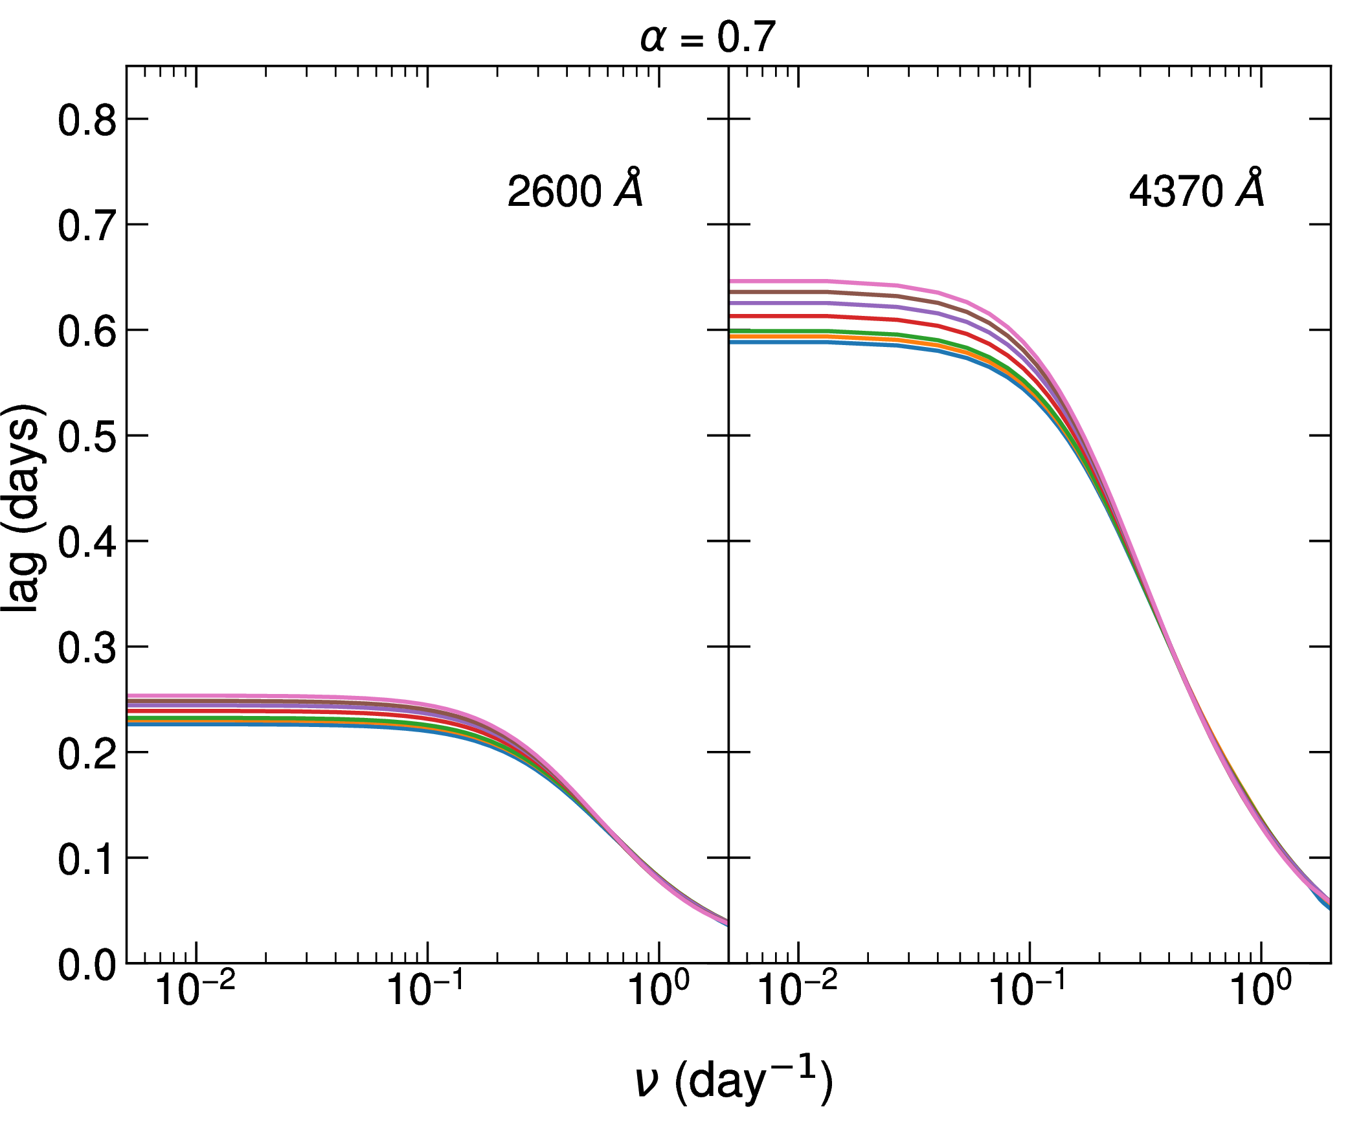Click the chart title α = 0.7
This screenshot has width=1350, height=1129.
[x=707, y=38]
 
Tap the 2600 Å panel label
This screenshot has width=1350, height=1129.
[x=575, y=190]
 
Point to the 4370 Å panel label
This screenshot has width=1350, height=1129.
[x=1197, y=190]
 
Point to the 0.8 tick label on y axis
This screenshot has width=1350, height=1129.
[x=87, y=120]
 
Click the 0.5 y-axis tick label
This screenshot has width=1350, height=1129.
[x=87, y=437]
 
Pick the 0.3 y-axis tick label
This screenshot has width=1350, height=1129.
[x=87, y=648]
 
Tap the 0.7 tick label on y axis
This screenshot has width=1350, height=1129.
[x=87, y=226]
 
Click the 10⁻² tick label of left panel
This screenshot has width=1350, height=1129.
[x=195, y=989]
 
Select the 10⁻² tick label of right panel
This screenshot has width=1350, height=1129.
[x=797, y=989]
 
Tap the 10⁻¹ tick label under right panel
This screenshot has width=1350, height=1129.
[x=1028, y=989]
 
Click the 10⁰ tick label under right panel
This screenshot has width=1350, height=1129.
[x=1261, y=989]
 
